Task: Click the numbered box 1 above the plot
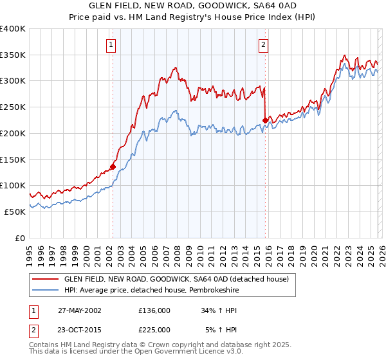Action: (x=112, y=44)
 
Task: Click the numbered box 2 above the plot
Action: (x=264, y=44)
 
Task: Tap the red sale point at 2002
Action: (x=113, y=166)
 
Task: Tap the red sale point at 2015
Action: (x=266, y=120)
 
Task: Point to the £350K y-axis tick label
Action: (x=13, y=55)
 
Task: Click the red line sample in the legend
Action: (x=46, y=280)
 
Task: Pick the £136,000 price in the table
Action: (x=154, y=310)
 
